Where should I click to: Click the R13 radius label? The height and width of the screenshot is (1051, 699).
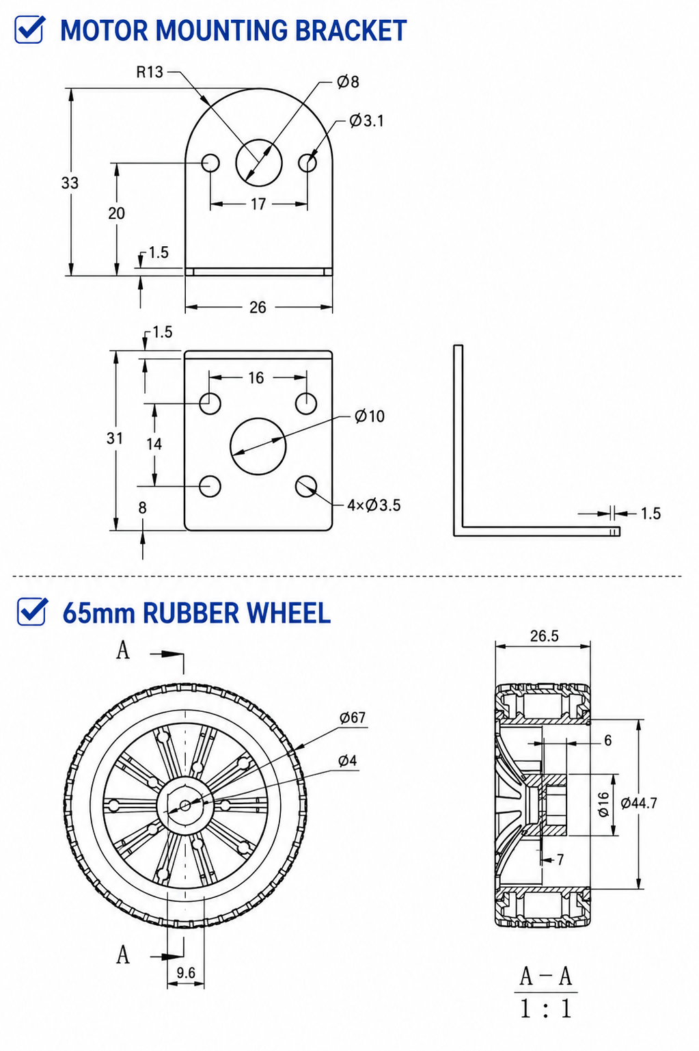(x=150, y=72)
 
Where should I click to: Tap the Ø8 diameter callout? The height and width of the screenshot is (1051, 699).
(x=348, y=81)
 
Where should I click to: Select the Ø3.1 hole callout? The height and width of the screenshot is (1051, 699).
(x=367, y=120)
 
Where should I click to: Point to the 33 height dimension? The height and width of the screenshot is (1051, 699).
(x=70, y=183)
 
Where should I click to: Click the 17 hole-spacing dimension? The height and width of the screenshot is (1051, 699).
(x=258, y=204)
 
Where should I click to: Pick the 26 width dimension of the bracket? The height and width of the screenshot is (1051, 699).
(x=258, y=307)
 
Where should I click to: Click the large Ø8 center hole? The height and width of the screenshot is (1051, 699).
(x=259, y=162)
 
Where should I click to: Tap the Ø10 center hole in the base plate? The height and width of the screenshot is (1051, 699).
(x=258, y=446)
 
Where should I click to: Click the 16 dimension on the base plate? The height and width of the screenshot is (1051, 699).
(x=256, y=377)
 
